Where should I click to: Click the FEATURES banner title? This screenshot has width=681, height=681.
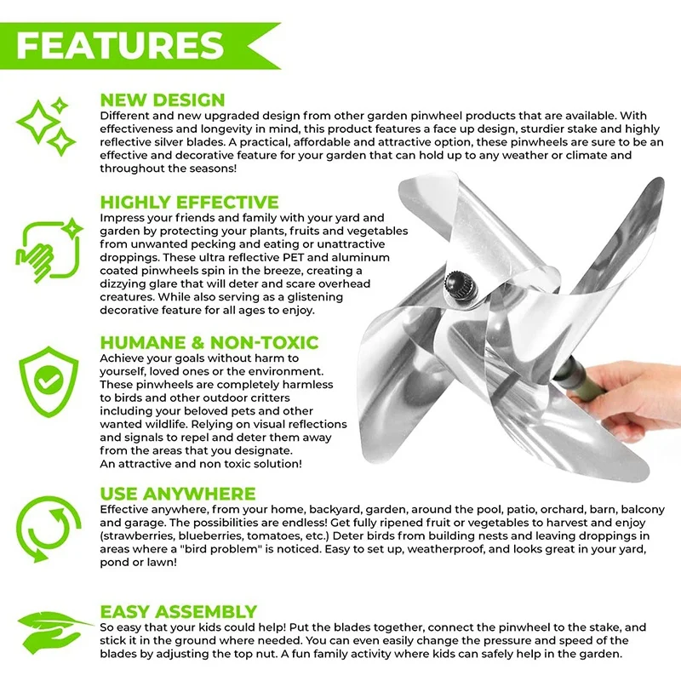[119, 45]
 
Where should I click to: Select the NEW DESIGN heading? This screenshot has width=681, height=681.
[163, 100]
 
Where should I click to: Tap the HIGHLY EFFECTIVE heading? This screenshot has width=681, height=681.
[189, 203]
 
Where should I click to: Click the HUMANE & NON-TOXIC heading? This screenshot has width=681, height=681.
[209, 343]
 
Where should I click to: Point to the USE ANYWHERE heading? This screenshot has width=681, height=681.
[177, 494]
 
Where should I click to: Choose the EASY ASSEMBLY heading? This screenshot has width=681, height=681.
[178, 612]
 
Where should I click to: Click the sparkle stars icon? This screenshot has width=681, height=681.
[48, 127]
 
